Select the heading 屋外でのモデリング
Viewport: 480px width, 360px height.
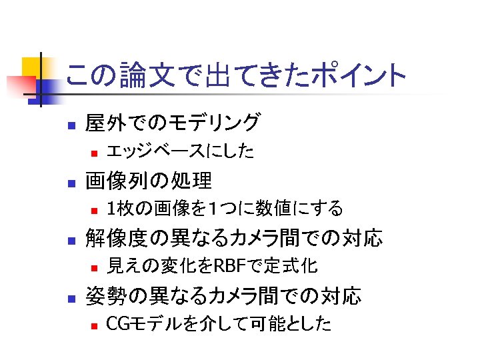pyautogui.click(x=173, y=123)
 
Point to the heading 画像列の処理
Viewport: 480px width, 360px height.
pyautogui.click(x=149, y=180)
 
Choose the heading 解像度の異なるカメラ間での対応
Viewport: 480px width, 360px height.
pyautogui.click(x=234, y=237)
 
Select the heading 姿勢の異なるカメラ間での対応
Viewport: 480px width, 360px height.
pyautogui.click(x=223, y=295)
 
